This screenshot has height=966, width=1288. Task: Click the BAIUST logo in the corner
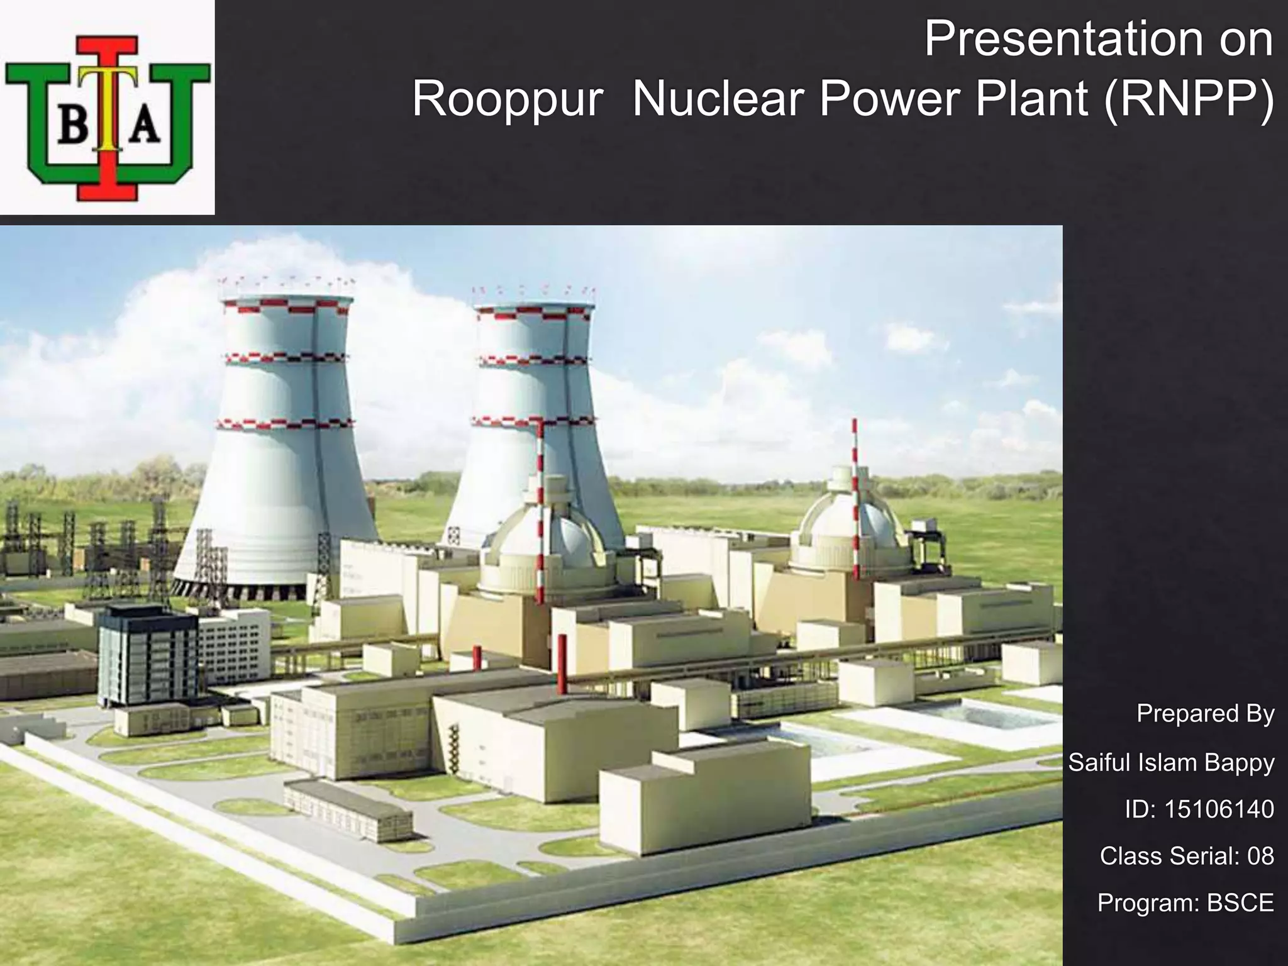pyautogui.click(x=107, y=107)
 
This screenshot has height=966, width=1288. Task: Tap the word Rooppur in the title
pyautogui.click(x=507, y=99)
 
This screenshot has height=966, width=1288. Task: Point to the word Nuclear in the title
pyautogui.click(x=719, y=99)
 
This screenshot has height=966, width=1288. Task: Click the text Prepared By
pyautogui.click(x=1205, y=713)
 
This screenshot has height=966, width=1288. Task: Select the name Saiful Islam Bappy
pyautogui.click(x=1171, y=762)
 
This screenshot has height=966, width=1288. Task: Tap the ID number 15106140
pyautogui.click(x=1219, y=809)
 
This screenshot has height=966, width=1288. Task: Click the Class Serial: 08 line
pyautogui.click(x=1187, y=856)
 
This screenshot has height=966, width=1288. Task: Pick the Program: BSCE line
pyautogui.click(x=1185, y=902)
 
